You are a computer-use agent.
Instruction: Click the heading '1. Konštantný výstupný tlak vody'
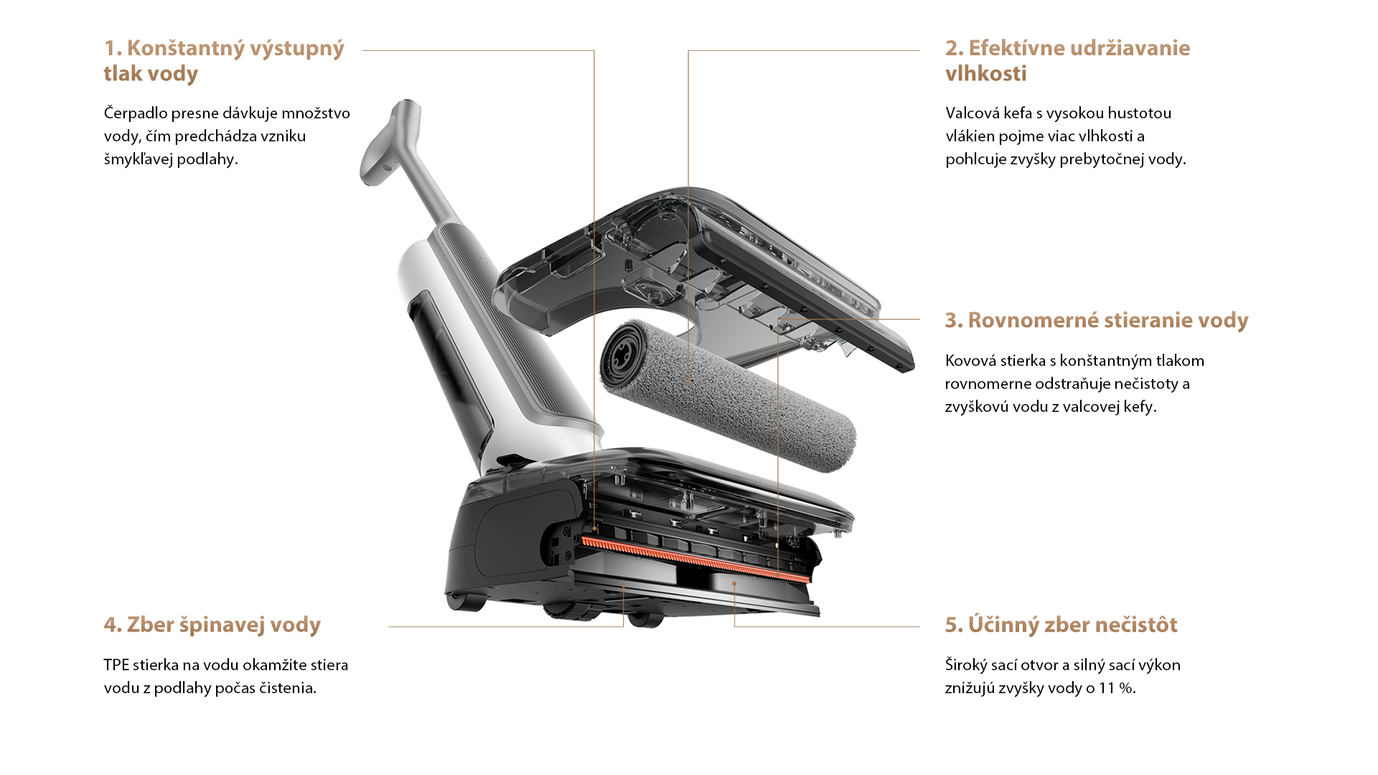tap(224, 61)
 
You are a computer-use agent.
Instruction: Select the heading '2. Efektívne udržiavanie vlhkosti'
tap(1067, 61)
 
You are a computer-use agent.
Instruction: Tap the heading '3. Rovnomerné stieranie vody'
tap(1097, 320)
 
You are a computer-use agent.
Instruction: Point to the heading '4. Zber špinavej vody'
tap(212, 625)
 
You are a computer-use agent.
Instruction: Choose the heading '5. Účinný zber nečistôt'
tap(1061, 624)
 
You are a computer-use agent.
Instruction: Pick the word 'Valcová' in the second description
tap(972, 113)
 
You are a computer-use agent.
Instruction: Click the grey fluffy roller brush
tap(728, 395)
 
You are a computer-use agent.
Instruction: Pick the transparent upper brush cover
tap(707, 280)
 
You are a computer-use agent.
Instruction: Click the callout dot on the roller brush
tap(688, 385)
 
